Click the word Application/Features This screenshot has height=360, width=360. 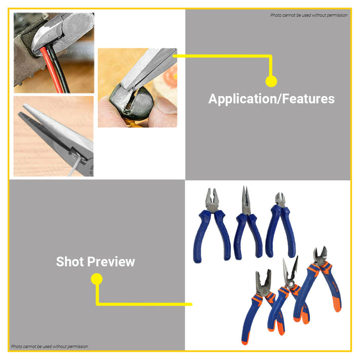coord(271,99)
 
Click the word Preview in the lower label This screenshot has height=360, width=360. coord(114,262)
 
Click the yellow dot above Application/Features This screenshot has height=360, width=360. coord(271,81)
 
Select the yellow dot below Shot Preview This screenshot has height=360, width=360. coord(97,279)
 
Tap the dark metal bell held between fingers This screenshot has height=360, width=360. coord(129,100)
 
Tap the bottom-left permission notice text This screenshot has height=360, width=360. coord(49,347)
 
